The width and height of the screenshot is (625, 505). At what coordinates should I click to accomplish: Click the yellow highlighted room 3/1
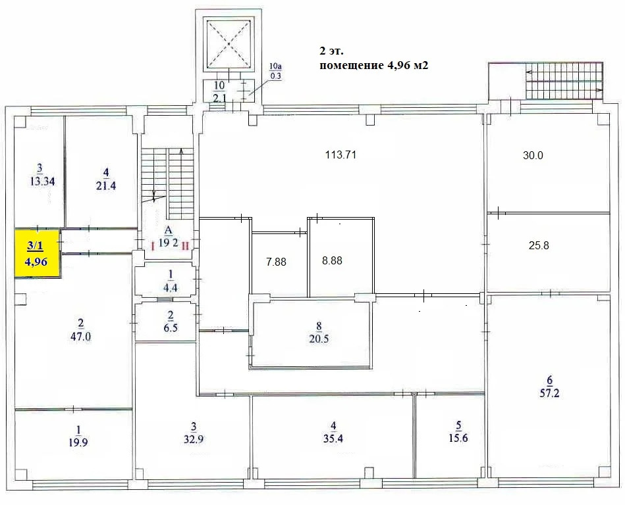[38, 253]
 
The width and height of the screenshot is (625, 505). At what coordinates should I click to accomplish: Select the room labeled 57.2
[549, 387]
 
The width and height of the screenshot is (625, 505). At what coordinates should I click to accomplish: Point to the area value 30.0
[533, 156]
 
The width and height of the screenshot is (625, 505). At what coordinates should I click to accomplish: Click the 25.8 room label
[539, 246]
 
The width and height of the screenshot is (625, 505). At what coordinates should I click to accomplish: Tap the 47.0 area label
[80, 330]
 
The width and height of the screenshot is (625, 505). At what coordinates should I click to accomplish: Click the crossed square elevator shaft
[229, 43]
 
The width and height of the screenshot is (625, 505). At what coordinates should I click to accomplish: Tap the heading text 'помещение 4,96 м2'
[369, 65]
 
